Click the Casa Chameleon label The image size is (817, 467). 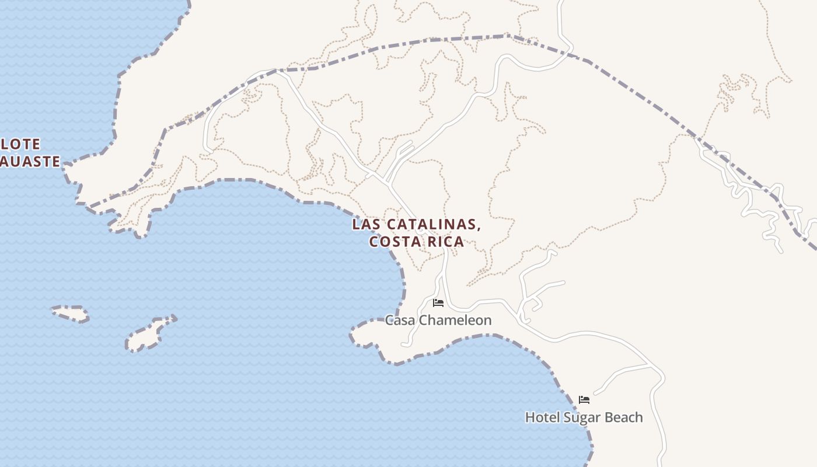(x=438, y=320)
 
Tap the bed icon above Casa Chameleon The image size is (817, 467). (x=438, y=303)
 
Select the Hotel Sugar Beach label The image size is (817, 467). (x=584, y=417)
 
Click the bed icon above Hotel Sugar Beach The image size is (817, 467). (x=584, y=400)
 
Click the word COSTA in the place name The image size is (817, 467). (x=392, y=241)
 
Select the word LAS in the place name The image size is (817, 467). (x=366, y=225)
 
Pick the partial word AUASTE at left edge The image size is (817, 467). (x=29, y=161)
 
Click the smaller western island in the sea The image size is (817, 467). (x=70, y=313)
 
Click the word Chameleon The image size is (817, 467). (x=455, y=320)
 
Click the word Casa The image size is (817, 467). (x=400, y=320)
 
